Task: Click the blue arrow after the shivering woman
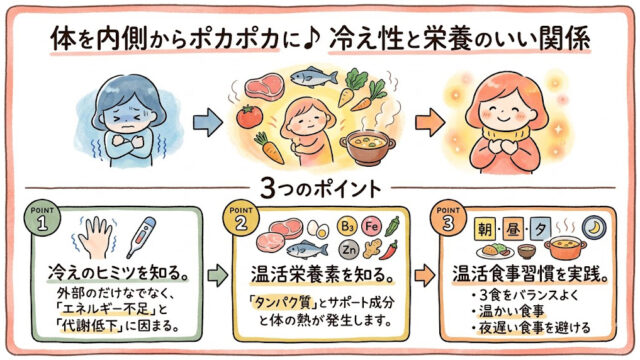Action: coord(208,122)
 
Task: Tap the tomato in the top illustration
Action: coord(249,116)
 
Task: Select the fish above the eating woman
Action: coord(313,76)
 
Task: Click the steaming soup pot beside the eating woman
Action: coord(367,146)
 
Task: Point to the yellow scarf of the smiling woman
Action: coord(506,134)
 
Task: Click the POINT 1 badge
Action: coord(42,219)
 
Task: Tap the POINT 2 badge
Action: coord(241,219)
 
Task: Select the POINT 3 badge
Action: coord(448,219)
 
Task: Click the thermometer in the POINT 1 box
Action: coord(141,237)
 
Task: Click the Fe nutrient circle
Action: coord(371,226)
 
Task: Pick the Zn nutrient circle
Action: coord(349,249)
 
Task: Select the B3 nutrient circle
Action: coord(347,226)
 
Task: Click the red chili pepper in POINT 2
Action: coord(389,250)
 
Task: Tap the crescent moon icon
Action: coord(594,227)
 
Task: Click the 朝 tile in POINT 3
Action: coord(485,229)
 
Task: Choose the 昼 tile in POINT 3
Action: coord(513,229)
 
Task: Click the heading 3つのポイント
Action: coord(320,189)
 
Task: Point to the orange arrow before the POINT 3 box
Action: coord(425,275)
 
